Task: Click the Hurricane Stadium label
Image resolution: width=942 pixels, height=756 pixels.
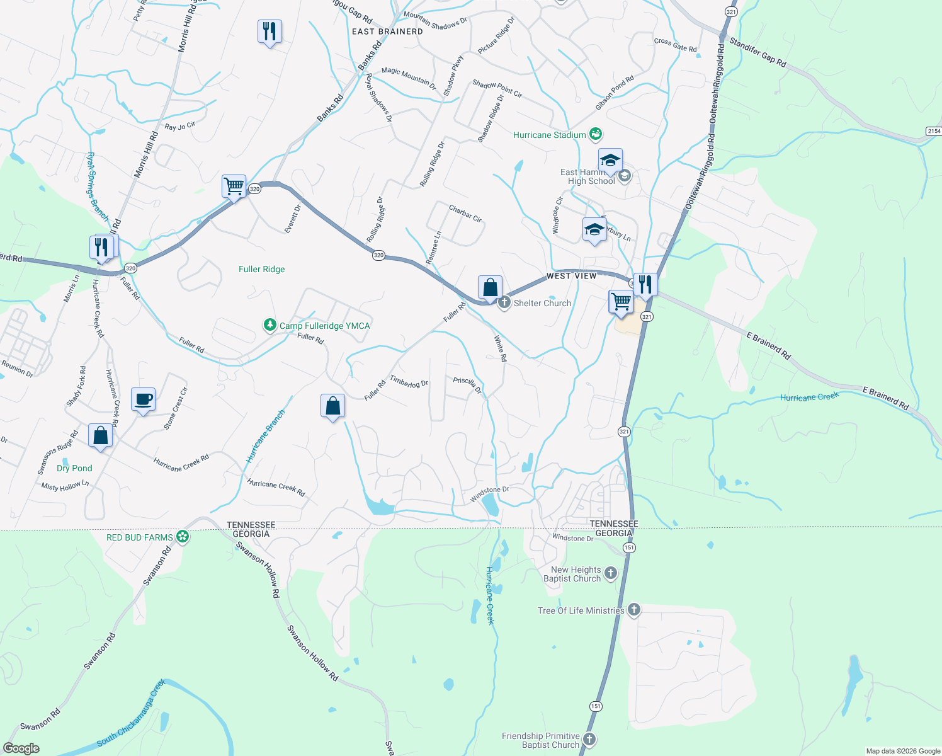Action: coord(549,135)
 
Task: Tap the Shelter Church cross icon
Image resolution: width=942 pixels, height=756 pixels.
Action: coord(504,303)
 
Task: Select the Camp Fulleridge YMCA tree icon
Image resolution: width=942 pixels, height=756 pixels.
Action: coord(270,325)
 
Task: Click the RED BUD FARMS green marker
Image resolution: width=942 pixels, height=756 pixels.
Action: coord(183,537)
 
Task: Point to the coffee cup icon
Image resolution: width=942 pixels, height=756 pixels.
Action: coord(144,399)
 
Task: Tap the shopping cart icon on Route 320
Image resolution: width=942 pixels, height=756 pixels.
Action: coord(234,186)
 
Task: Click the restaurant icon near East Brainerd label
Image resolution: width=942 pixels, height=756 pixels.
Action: coord(270,31)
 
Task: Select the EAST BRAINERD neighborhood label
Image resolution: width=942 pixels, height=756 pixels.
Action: coord(387,31)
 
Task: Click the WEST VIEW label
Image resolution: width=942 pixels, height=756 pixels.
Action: coord(571,276)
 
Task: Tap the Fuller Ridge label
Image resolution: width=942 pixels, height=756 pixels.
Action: coord(261,269)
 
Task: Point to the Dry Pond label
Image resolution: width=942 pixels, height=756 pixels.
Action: coord(74,468)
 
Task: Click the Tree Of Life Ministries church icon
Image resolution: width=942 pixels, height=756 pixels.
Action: coord(634,610)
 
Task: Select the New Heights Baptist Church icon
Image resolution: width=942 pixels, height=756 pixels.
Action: coord(610,573)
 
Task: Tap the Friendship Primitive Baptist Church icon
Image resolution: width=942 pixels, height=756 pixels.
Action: coord(589,740)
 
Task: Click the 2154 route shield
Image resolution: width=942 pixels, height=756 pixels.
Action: coord(934,131)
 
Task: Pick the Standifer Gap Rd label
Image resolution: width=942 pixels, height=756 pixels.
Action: coord(758,52)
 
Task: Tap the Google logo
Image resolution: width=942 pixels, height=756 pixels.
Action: coord(21,748)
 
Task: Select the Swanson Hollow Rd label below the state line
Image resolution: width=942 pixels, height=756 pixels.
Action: coord(313,653)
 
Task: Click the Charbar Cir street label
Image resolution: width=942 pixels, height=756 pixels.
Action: coord(465,214)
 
